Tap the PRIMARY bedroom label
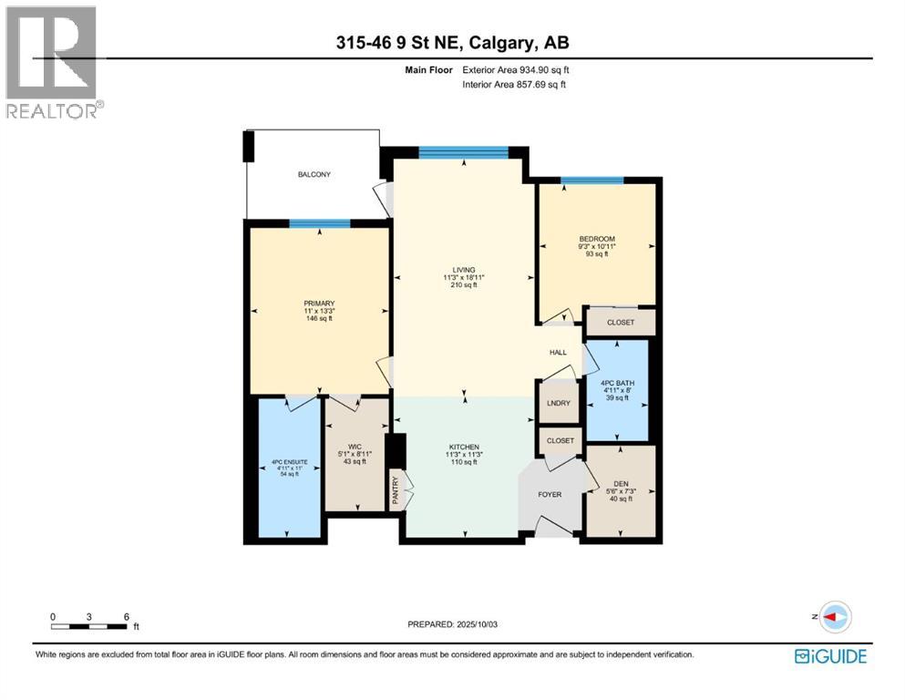click(x=320, y=304)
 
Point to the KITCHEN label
click(x=464, y=447)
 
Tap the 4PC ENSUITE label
click(x=289, y=462)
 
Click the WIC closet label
click(x=356, y=447)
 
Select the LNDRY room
click(x=559, y=404)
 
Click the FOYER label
click(x=550, y=495)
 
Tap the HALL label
click(x=558, y=352)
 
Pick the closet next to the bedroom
click(x=621, y=322)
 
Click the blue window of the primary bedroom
click(x=320, y=223)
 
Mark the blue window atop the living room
click(x=464, y=151)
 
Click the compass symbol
click(x=834, y=616)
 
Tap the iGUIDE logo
click(x=830, y=656)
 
